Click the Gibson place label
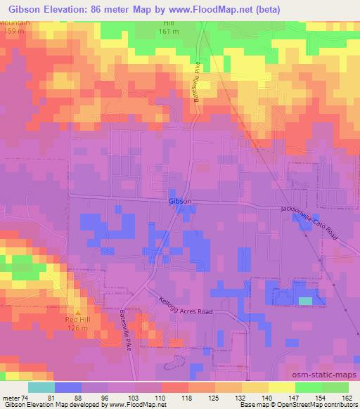[x=180, y=201]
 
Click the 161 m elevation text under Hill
[x=166, y=31]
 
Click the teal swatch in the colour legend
[x=41, y=387]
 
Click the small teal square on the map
[x=306, y=301]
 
